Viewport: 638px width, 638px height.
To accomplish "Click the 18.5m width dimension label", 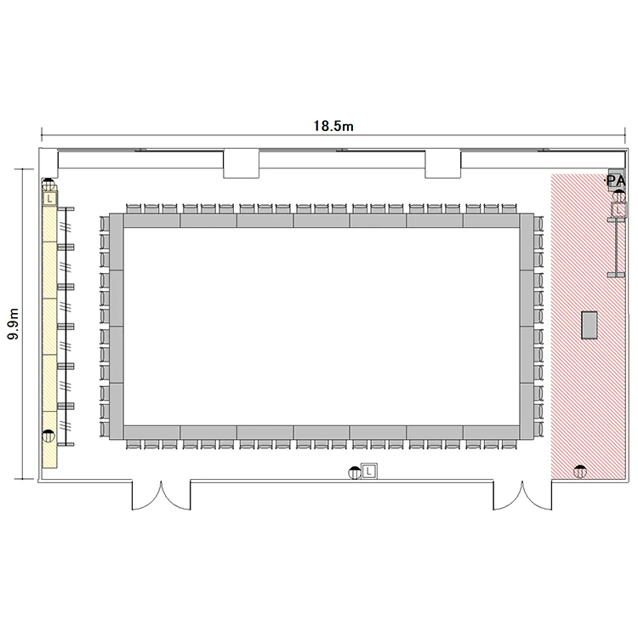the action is pyautogui.click(x=333, y=126).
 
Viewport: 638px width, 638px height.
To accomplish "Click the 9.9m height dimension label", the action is pyautogui.click(x=14, y=324).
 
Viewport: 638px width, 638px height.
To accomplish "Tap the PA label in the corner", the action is pyautogui.click(x=615, y=180).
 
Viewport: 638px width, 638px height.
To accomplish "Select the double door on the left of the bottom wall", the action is pyautogui.click(x=161, y=495).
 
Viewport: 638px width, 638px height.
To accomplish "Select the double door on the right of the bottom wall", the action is pyautogui.click(x=522, y=495).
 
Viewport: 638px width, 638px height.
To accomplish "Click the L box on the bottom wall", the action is pyautogui.click(x=369, y=471).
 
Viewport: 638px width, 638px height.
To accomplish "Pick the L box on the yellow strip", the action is pyautogui.click(x=49, y=199).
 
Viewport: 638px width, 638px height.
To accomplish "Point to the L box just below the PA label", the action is pyautogui.click(x=618, y=210).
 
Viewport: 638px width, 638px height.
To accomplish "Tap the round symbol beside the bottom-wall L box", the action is pyautogui.click(x=355, y=473).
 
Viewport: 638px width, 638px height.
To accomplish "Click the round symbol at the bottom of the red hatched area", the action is pyautogui.click(x=580, y=471).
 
